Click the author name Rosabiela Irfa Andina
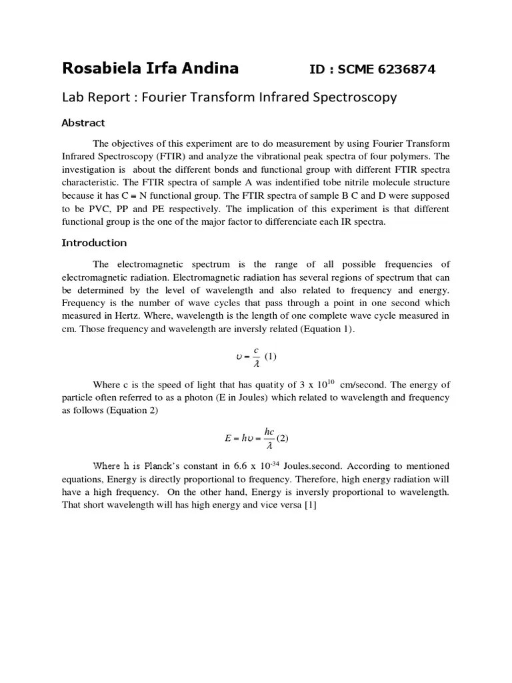tap(150, 69)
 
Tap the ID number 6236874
tap(403, 69)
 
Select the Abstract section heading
tap(83, 123)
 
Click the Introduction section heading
tap(94, 243)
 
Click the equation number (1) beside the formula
tap(270, 356)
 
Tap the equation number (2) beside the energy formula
tap(283, 438)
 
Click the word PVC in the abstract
tap(97, 208)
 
